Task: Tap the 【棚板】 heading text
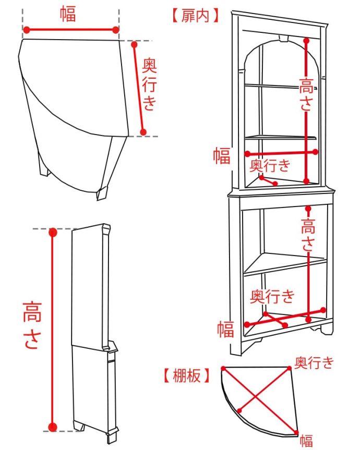pos(186,375)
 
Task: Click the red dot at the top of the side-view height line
pos(53,233)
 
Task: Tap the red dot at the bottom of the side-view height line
pos(53,428)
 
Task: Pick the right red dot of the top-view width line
pos(116,30)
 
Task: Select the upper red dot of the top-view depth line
pos(134,45)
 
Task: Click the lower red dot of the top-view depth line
pos(144,132)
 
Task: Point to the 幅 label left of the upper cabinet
pos(221,155)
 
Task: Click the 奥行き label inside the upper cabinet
pos(269,166)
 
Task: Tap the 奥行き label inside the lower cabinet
pos(272,297)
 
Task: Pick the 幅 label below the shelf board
pos(306,440)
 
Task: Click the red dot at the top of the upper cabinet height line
pos(307,40)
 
